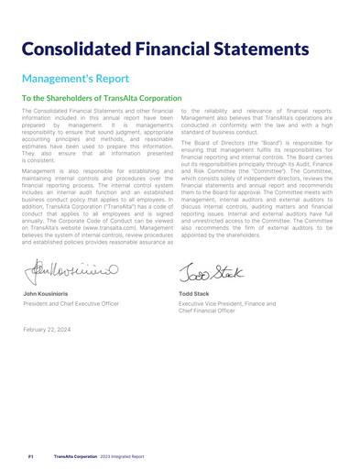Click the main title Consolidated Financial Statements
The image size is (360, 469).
[x=180, y=47]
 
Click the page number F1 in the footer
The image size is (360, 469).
[x=30, y=454]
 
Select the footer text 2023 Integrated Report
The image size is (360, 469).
[x=124, y=454]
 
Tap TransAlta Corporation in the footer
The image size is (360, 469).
[x=75, y=454]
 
